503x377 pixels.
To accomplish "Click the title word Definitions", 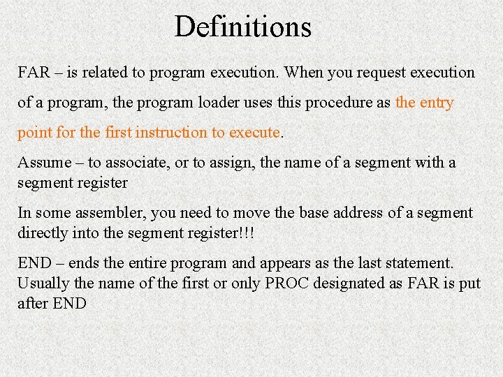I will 242,27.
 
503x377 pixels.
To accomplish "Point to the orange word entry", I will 435,103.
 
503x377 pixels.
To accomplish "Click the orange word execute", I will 254,133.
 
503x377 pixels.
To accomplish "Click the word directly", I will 43,233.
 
